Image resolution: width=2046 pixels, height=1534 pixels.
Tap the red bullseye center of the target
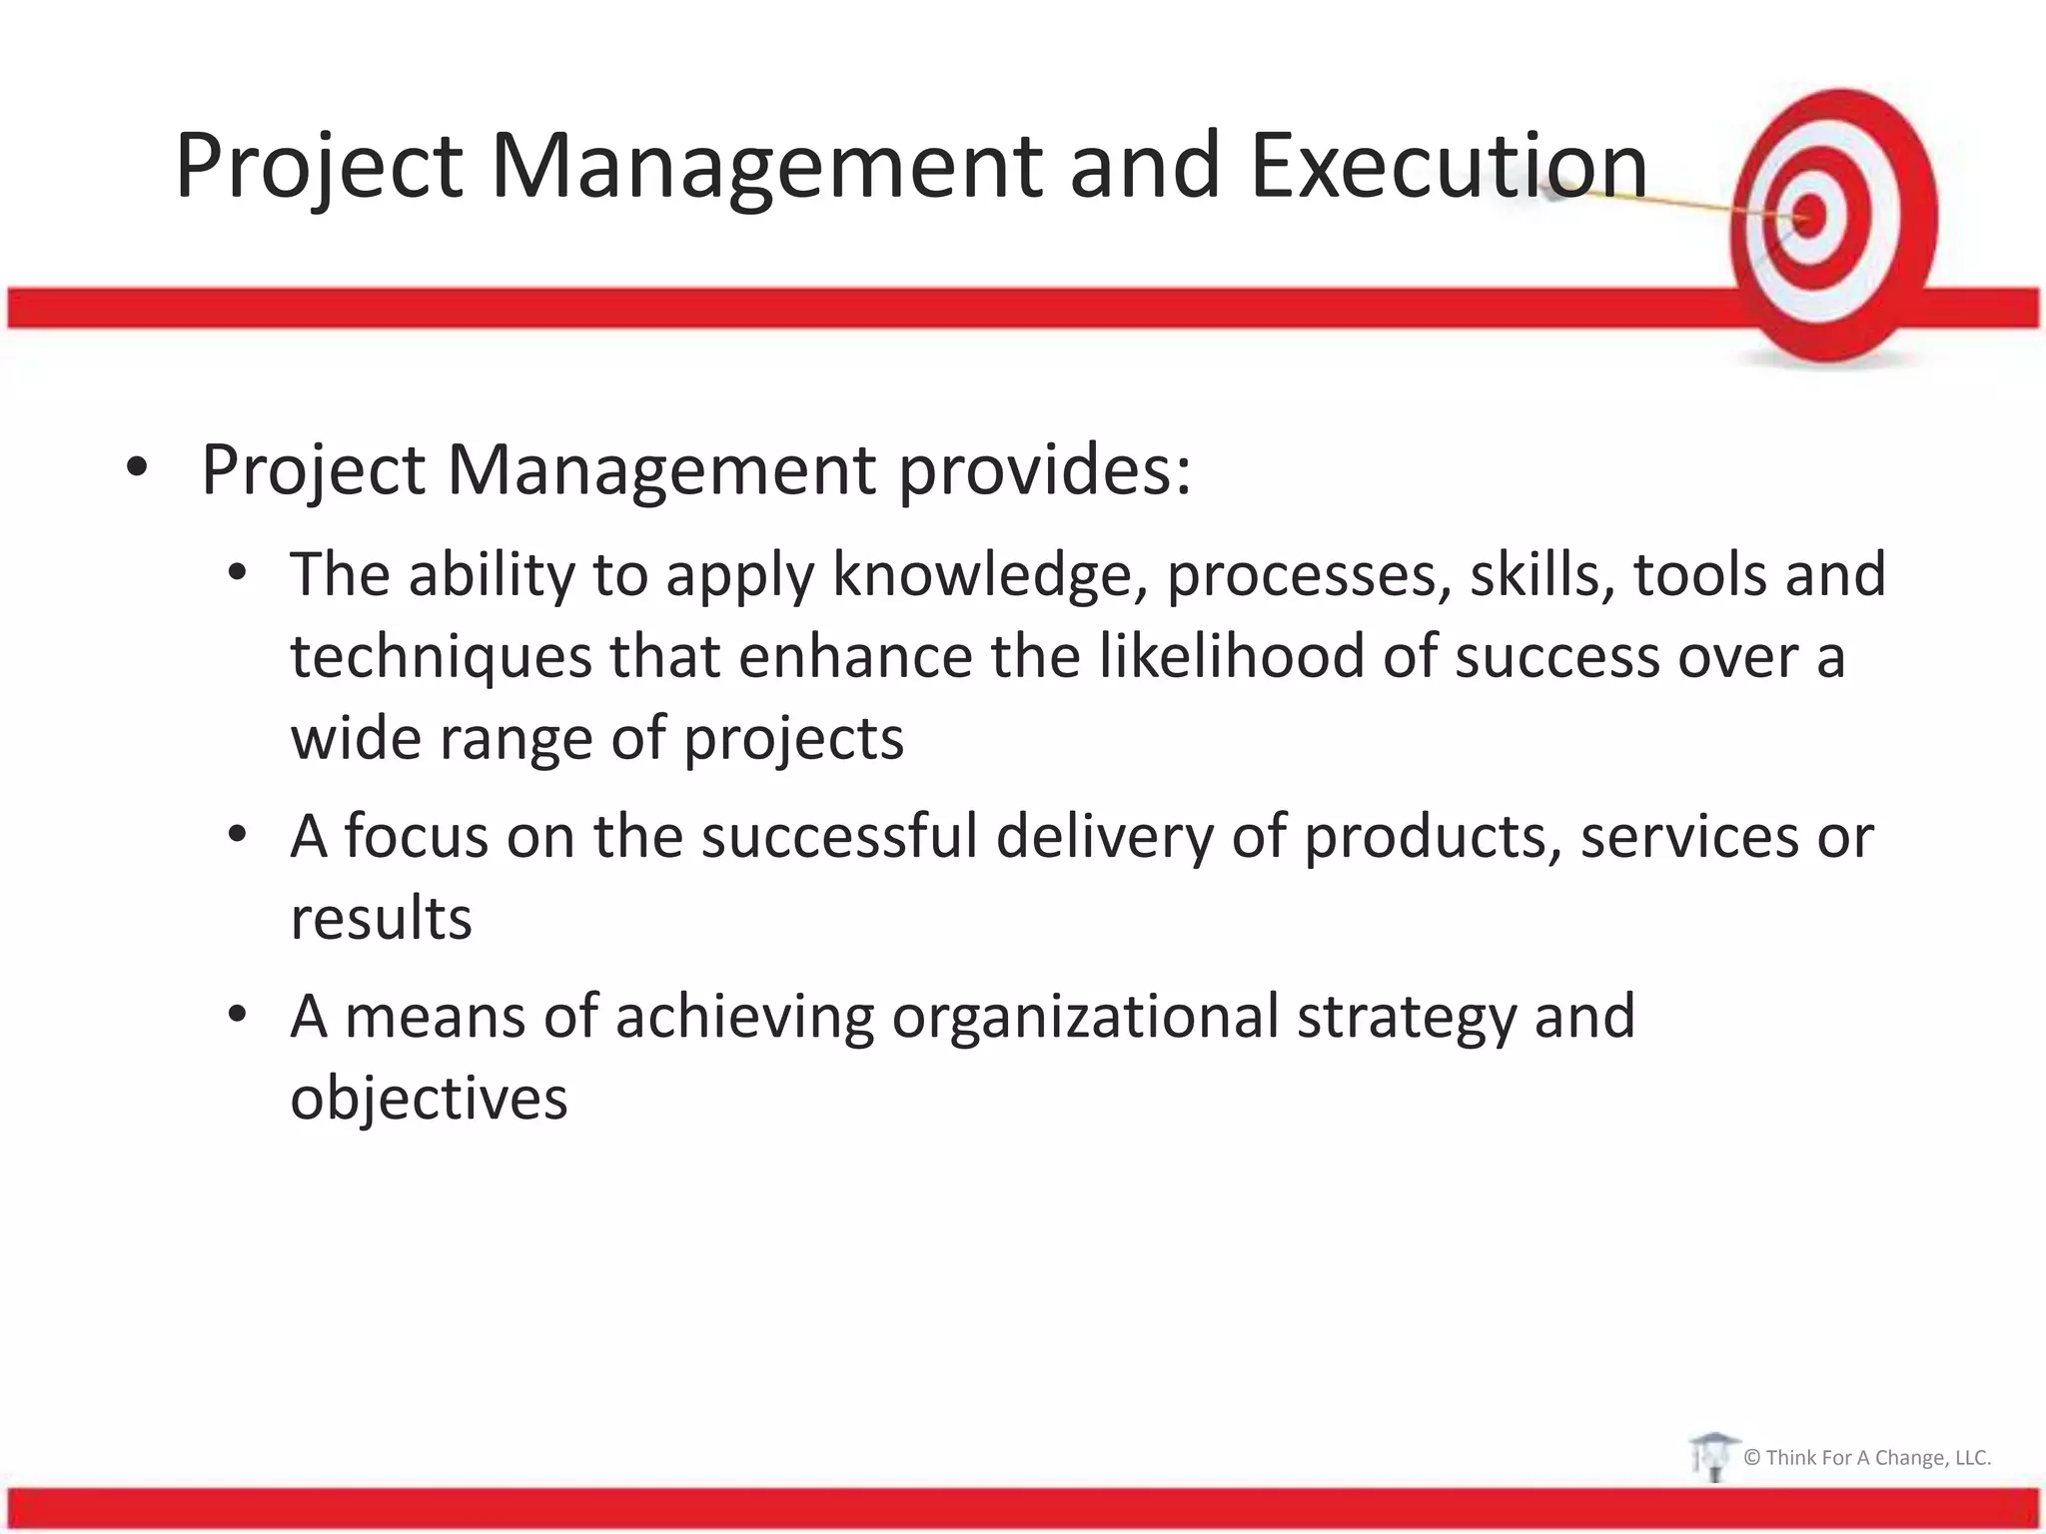pos(1809,215)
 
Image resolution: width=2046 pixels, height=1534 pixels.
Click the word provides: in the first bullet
pos(1044,469)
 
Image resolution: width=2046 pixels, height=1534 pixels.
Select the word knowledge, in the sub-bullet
pos(990,576)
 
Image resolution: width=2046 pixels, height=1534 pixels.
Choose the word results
pos(381,919)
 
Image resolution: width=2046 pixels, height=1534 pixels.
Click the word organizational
pos(1085,1017)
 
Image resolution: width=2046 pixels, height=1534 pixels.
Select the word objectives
pos(429,1099)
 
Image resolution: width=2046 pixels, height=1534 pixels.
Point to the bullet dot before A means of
pos(237,1015)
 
